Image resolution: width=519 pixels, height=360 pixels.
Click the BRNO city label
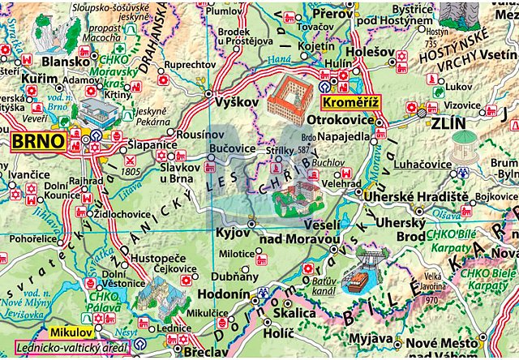(38, 142)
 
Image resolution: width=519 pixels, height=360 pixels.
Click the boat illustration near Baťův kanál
(356, 279)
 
